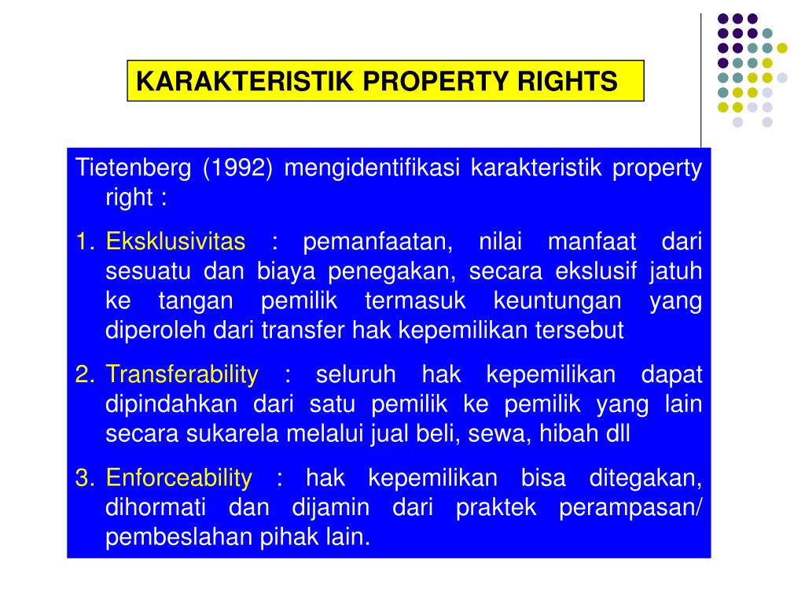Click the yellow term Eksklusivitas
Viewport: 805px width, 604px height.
coord(175,241)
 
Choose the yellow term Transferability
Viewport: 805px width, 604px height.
coord(182,375)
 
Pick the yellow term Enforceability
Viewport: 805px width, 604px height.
coord(179,477)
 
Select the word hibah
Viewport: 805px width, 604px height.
coord(568,434)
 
